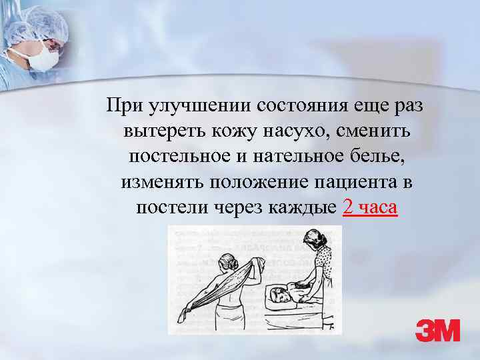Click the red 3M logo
click(437, 331)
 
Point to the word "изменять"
click(161, 183)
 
